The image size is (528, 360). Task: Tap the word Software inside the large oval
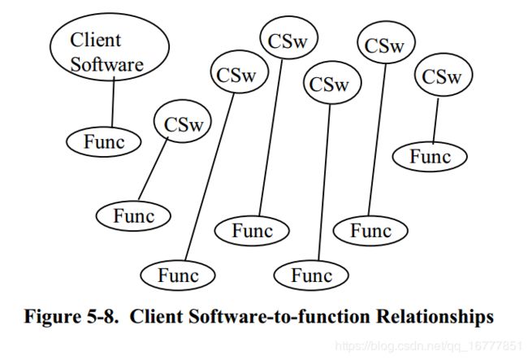(107, 64)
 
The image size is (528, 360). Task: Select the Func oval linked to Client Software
(103, 142)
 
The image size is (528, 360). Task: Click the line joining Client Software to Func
(113, 102)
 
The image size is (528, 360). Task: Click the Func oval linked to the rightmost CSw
(430, 157)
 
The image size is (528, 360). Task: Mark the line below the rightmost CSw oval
(435, 120)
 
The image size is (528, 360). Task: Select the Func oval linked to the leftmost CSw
(133, 216)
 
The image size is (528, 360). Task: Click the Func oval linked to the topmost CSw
(252, 231)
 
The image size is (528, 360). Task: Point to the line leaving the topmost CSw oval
(270, 137)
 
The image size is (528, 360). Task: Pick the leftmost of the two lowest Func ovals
(178, 275)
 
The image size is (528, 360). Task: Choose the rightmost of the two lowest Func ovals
(311, 275)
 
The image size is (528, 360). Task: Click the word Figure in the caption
(50, 317)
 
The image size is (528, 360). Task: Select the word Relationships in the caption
(435, 317)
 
